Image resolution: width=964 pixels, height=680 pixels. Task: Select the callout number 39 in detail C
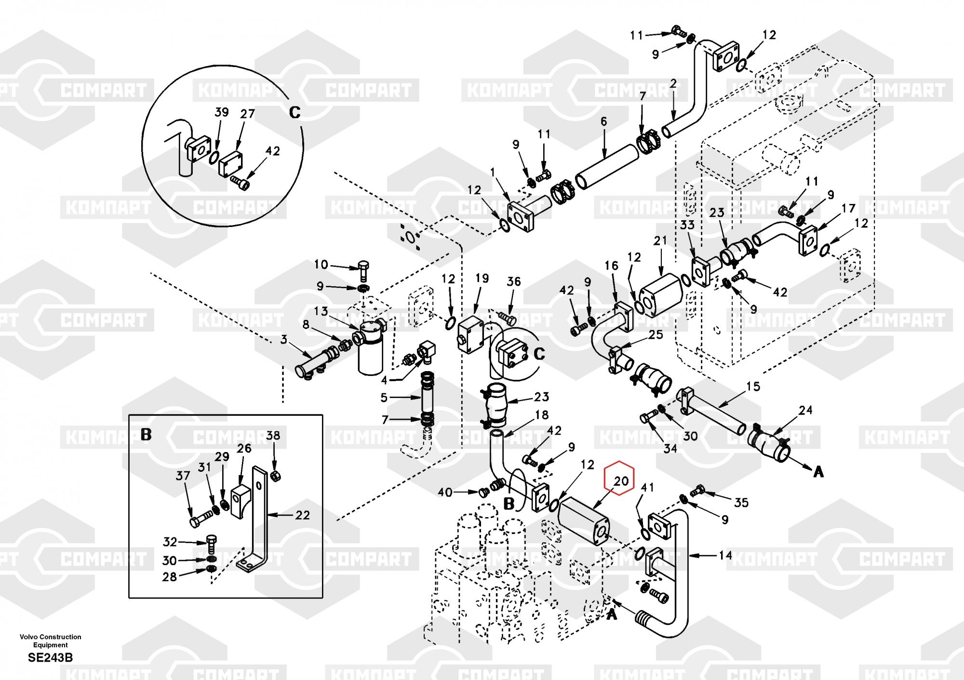click(221, 112)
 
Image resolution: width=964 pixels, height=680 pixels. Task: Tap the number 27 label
click(247, 114)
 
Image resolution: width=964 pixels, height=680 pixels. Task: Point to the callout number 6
click(604, 121)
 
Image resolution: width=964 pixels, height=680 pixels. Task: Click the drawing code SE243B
click(51, 657)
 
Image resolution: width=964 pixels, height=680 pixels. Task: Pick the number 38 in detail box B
click(273, 436)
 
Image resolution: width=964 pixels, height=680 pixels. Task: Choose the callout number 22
click(302, 515)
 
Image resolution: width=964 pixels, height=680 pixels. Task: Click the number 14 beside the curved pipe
click(725, 555)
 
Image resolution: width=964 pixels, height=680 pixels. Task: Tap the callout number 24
click(805, 410)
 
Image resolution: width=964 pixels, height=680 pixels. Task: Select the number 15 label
click(753, 386)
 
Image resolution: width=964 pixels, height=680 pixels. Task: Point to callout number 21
click(660, 240)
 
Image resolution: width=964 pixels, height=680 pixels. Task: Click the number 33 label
click(687, 225)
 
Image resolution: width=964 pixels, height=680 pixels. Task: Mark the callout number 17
click(848, 208)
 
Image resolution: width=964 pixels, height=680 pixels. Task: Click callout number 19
click(482, 278)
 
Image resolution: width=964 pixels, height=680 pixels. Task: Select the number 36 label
click(514, 281)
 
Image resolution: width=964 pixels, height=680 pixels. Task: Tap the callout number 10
click(321, 265)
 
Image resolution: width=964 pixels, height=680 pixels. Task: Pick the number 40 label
click(445, 492)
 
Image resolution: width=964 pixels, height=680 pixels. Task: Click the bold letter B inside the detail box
click(146, 435)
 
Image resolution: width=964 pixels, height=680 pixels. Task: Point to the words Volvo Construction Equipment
click(51, 640)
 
